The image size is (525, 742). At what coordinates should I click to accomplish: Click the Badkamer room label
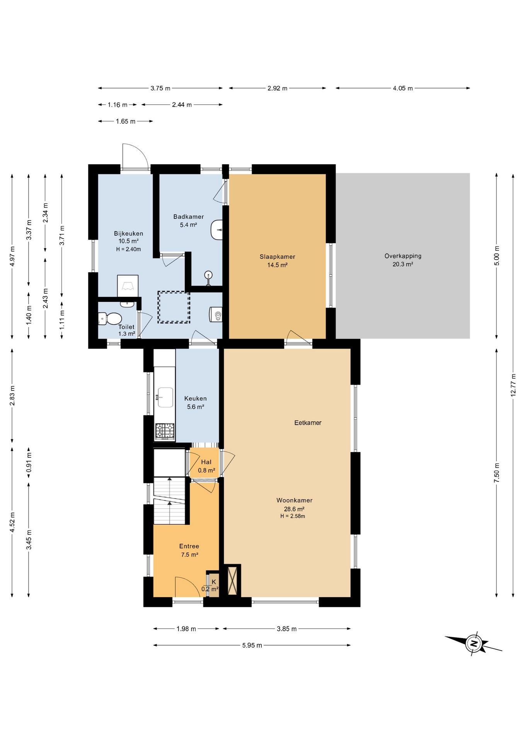188,221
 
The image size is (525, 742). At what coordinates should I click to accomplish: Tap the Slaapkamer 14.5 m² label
277,261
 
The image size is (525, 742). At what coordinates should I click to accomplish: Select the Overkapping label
403,260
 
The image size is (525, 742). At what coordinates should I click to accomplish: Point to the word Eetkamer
308,423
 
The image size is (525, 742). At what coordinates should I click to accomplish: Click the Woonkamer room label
294,508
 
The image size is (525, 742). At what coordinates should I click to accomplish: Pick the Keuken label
195,402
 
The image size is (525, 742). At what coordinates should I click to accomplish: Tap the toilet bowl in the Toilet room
110,319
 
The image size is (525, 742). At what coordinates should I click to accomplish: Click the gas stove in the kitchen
165,431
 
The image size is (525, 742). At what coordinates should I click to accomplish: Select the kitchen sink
165,397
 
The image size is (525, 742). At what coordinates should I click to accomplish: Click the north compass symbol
473,643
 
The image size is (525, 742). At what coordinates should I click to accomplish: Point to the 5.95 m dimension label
252,645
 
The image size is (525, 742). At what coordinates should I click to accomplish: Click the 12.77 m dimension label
513,385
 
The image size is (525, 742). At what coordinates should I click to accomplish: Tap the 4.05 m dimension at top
403,88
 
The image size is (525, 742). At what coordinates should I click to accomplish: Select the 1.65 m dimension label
126,121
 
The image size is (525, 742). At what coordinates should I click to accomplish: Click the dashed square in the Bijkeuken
174,307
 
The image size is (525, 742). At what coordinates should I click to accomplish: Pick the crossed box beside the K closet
232,581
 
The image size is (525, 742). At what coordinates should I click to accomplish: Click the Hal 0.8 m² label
206,466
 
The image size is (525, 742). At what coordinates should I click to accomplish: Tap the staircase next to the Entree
170,501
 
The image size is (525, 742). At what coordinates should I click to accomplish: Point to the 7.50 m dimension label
497,473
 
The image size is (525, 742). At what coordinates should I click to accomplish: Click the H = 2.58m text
293,516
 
